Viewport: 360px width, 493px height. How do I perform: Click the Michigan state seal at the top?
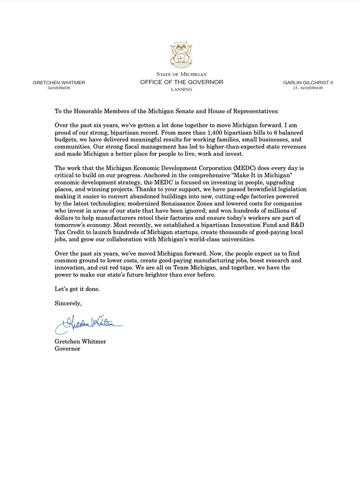tap(181, 56)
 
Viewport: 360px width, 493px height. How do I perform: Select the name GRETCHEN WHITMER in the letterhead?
tap(59, 82)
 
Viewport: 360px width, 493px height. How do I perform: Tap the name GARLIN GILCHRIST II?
tap(308, 82)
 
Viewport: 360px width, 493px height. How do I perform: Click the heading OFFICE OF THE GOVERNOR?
tap(181, 82)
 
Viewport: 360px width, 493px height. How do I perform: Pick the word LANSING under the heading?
tap(181, 89)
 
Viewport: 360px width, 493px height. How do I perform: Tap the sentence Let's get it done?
tap(78, 289)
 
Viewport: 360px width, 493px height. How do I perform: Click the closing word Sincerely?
tap(68, 303)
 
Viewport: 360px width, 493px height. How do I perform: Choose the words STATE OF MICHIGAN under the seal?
tap(181, 75)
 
